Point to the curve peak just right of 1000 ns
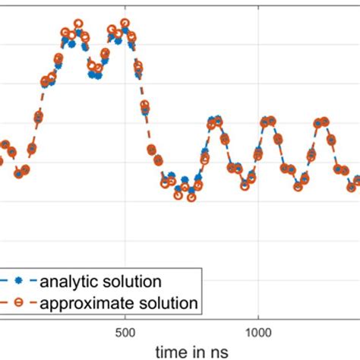coord(268,121)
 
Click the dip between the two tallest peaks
coord(96,74)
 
